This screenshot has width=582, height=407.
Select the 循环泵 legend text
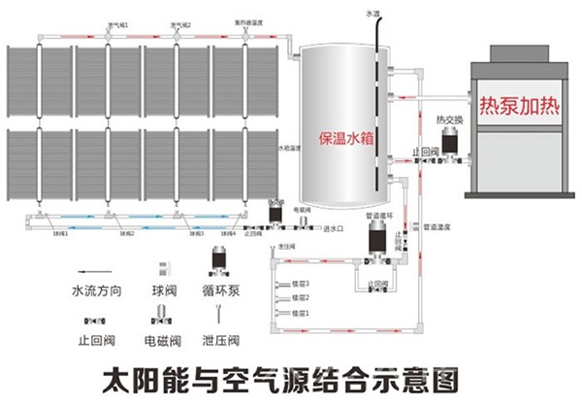point(222,289)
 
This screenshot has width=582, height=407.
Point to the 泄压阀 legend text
point(222,340)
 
